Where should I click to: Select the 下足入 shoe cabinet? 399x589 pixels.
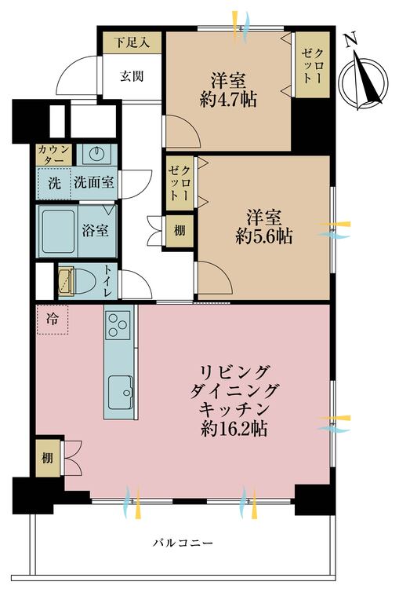coord(130,42)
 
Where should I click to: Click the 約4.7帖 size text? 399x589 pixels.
coord(229,99)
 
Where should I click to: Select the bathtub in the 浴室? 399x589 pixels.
coord(58,230)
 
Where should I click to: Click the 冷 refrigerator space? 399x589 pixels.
coord(52,320)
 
